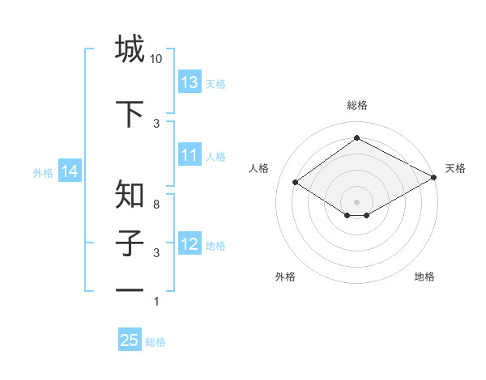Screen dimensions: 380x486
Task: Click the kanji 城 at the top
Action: click(130, 49)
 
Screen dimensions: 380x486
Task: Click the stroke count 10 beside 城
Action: click(156, 59)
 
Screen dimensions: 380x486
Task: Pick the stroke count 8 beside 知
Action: click(156, 205)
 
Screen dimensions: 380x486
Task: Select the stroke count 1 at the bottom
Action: click(156, 302)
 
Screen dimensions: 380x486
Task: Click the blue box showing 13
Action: click(190, 82)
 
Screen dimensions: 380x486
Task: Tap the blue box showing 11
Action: click(190, 156)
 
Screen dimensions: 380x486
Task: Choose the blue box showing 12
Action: click(190, 244)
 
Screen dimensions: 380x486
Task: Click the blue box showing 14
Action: click(69, 171)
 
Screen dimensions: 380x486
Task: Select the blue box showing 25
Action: click(130, 340)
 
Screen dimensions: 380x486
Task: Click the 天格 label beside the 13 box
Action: click(215, 83)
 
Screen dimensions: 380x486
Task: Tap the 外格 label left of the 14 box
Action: click(43, 172)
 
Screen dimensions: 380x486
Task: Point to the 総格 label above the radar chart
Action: click(356, 105)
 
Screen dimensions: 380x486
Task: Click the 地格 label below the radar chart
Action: click(424, 277)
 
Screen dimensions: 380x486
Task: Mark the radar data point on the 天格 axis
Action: click(434, 179)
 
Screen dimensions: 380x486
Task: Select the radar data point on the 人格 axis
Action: click(296, 183)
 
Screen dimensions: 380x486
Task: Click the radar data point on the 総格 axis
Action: click(356, 138)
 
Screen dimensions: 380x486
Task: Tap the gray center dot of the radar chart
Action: click(356, 201)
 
